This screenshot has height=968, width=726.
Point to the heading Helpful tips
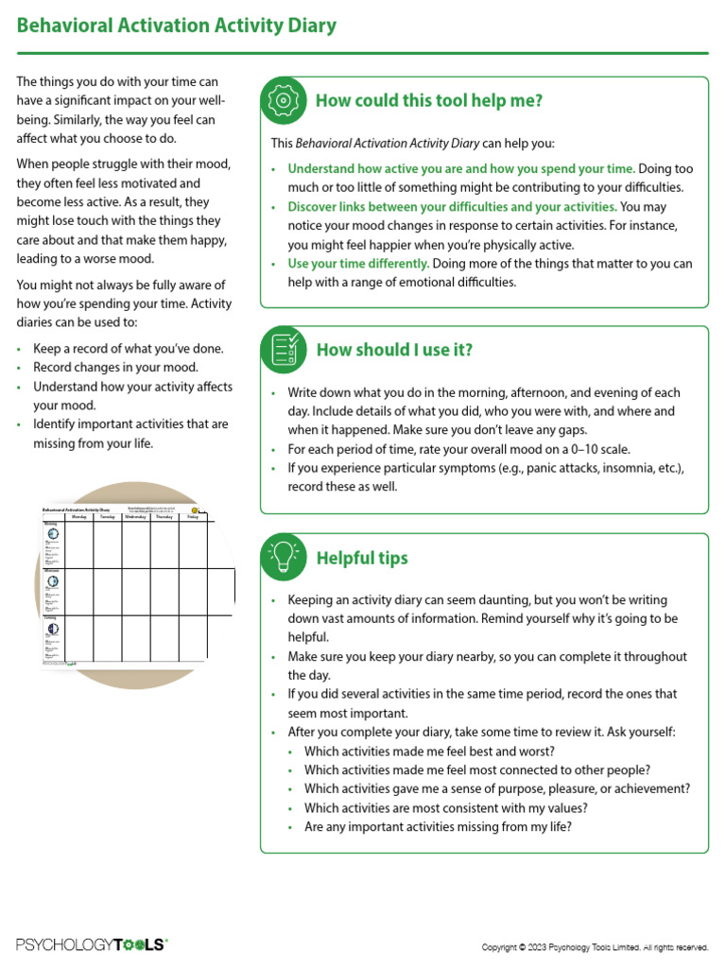[362, 558]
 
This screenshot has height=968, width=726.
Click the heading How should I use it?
[394, 350]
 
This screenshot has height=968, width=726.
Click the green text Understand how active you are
[378, 168]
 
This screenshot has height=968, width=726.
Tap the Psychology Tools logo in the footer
[92, 944]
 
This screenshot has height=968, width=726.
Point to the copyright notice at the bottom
[595, 946]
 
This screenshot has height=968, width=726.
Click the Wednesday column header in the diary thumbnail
[135, 517]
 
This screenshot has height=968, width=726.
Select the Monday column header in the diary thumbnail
[79, 517]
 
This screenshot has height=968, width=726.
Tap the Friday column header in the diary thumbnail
[193, 517]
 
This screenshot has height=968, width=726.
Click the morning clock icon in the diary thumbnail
[53, 534]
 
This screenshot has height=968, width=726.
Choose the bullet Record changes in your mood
[115, 367]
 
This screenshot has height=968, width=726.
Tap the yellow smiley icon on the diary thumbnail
[195, 510]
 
